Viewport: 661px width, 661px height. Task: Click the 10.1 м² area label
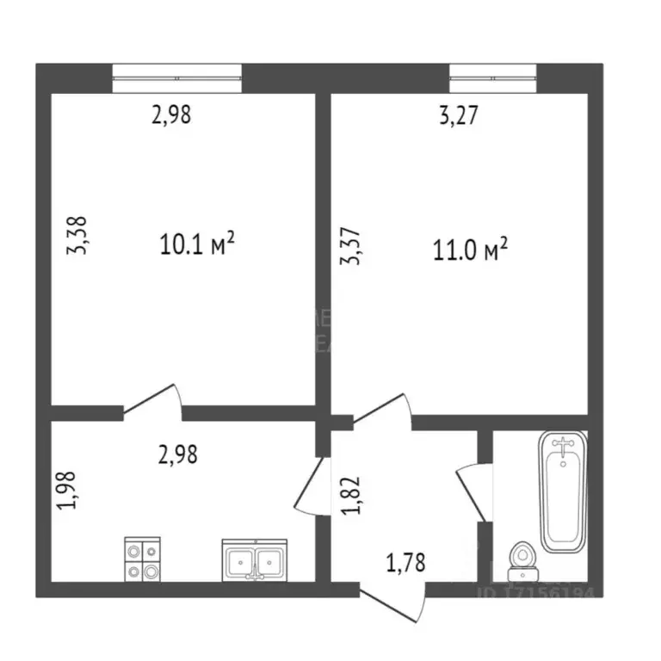pyautogui.click(x=197, y=245)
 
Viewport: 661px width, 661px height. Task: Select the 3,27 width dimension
pyautogui.click(x=458, y=115)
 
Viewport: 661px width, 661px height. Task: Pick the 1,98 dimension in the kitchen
pyautogui.click(x=69, y=489)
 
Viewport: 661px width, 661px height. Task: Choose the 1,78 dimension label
pyautogui.click(x=405, y=565)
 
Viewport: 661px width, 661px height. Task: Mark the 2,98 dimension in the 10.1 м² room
pyautogui.click(x=170, y=114)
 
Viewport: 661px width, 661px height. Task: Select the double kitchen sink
pyautogui.click(x=256, y=561)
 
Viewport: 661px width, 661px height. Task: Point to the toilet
pyautogui.click(x=522, y=560)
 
